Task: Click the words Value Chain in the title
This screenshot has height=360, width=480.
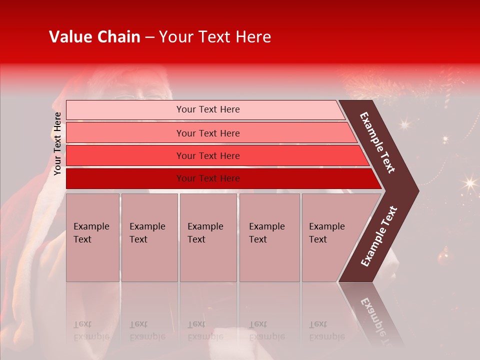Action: (94, 37)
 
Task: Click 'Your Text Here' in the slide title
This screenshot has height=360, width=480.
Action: (215, 37)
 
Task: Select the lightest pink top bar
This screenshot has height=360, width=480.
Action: (125, 110)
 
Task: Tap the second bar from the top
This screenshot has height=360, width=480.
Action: (125, 133)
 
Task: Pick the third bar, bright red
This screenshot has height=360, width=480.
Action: (125, 155)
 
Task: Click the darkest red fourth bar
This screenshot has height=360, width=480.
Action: (125, 178)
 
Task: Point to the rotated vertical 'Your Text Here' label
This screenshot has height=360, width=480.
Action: (57, 143)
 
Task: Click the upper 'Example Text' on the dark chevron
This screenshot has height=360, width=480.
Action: (377, 142)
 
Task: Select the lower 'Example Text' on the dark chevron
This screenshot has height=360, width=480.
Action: (378, 236)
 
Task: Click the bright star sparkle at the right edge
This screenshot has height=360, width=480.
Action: (469, 183)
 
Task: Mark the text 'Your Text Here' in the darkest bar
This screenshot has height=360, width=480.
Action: (208, 178)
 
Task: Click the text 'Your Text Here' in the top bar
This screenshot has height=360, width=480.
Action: (208, 109)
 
